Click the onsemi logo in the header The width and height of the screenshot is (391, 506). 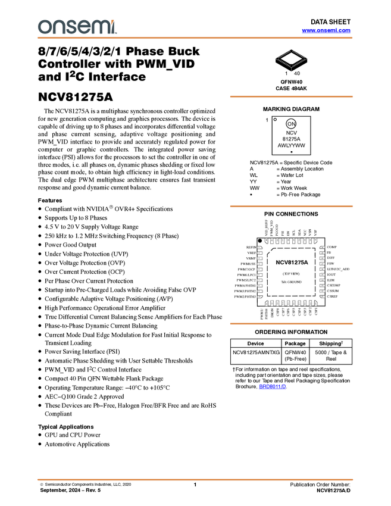coord(77,27)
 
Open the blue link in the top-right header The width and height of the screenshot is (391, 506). coord(326,30)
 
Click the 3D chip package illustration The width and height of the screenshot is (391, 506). coord(292,58)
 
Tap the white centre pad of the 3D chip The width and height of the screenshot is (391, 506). coord(292,57)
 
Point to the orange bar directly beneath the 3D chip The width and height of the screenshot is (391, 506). coord(291,96)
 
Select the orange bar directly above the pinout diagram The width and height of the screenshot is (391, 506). coord(291,206)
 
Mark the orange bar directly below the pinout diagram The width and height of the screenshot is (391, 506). coord(291,324)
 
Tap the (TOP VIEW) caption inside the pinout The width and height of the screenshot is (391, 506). coord(292,273)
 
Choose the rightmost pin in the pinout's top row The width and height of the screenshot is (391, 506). coord(316,240)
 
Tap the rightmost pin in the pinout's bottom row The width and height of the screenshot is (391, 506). coord(316,304)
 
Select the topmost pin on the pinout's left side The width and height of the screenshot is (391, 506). coord(259,247)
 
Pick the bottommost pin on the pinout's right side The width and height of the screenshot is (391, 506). coord(323,297)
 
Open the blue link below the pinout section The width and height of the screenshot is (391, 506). coord(272,386)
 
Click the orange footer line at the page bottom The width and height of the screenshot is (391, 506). coord(195,479)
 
